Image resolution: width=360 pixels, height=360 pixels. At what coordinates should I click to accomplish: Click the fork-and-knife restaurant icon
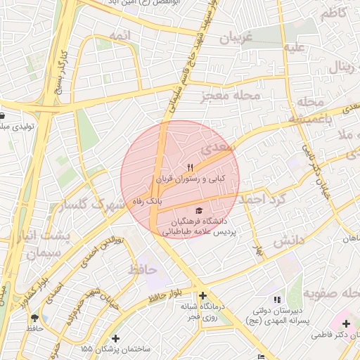click(x=191, y=168)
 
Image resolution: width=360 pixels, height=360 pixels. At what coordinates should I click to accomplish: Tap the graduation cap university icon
click(x=199, y=211)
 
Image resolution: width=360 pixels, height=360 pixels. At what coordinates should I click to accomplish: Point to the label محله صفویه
click(x=326, y=292)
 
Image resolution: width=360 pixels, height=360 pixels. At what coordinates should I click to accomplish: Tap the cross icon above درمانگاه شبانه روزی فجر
click(x=203, y=296)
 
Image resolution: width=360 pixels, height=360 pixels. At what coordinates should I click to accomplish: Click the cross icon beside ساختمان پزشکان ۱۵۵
click(x=115, y=339)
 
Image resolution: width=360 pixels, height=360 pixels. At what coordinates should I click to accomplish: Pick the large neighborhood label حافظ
click(x=142, y=269)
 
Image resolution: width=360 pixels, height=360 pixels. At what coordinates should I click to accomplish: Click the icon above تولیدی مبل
click(x=3, y=116)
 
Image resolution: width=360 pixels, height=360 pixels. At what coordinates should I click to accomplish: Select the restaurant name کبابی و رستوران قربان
click(x=191, y=179)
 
